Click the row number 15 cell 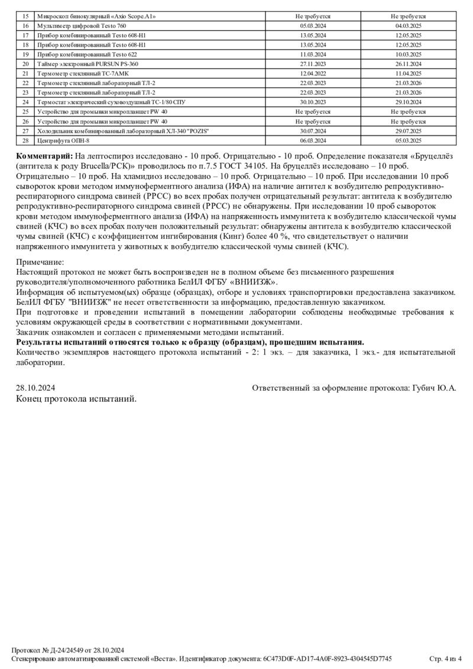[25, 17]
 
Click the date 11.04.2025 [408, 73]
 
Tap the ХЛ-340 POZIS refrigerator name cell [123, 131]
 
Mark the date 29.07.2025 [408, 131]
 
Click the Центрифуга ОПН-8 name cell [63, 140]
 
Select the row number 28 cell [25, 140]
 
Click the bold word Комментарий [45, 155]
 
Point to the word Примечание [40, 262]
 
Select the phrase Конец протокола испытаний [76, 399]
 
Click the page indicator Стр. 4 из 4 [444, 658]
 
